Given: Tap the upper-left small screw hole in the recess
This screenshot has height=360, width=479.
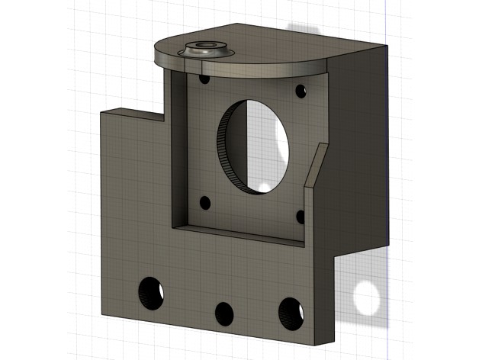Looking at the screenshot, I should tap(204, 78).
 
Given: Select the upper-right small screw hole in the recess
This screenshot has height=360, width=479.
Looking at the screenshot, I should tap(301, 91).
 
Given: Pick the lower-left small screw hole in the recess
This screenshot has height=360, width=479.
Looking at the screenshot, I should tap(204, 203).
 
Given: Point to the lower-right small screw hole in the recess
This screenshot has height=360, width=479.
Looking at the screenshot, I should tap(301, 216).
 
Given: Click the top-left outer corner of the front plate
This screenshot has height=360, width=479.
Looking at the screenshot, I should tap(101, 111).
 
